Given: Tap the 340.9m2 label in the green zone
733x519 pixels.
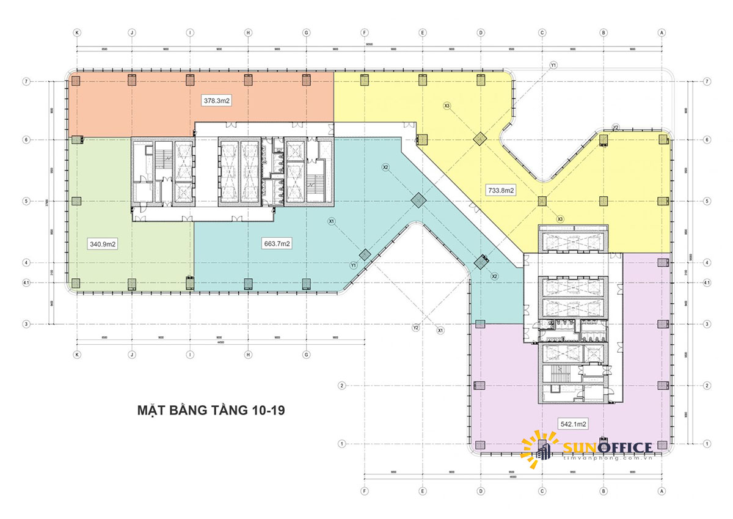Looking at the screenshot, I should click(x=103, y=244).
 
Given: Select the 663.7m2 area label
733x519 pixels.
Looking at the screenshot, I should click(x=276, y=244).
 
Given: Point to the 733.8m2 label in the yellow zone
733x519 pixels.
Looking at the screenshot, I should click(x=501, y=190).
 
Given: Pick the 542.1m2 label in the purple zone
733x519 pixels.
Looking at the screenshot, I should click(x=573, y=423).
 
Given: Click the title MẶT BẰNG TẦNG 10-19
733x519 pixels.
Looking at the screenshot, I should click(x=212, y=410).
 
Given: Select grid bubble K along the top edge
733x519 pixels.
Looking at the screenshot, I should click(x=77, y=32).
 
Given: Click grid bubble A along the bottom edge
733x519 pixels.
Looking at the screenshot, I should click(x=662, y=490).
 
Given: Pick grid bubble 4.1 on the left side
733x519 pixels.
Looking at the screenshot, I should click(x=26, y=282).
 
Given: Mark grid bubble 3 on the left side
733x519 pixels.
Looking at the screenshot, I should click(x=26, y=323).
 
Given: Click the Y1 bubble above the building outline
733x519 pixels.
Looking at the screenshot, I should click(x=553, y=65).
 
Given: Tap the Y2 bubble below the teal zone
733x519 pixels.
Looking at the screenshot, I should click(x=416, y=328).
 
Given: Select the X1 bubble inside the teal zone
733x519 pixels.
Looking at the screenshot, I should click(x=331, y=221).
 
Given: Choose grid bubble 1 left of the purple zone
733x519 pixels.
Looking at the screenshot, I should click(x=342, y=443).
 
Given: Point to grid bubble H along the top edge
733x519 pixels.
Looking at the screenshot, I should click(x=249, y=32).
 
